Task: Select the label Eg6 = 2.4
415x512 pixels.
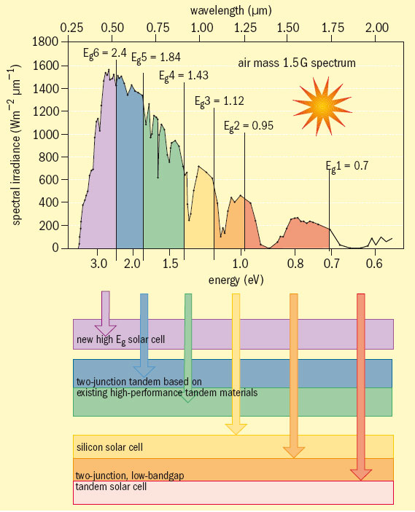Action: click(105, 53)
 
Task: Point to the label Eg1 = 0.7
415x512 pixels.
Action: click(346, 165)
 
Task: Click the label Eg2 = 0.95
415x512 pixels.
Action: click(248, 125)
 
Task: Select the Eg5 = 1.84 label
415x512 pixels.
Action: click(155, 57)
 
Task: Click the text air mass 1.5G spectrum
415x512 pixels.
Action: click(296, 63)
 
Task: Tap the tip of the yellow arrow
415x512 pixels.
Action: click(235, 433)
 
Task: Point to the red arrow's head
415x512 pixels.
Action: click(360, 474)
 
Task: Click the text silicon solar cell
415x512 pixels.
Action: click(109, 446)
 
